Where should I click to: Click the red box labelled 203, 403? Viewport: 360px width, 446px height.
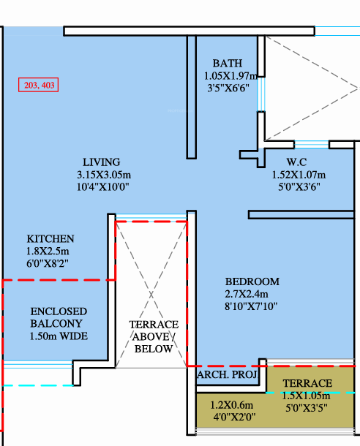[x=39, y=85]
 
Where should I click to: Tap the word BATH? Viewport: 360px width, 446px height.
[x=228, y=63]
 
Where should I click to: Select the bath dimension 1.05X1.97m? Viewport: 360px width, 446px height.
[x=230, y=75]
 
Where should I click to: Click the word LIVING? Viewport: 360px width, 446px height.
[x=101, y=162]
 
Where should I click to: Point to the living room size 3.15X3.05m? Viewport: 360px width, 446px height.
[x=104, y=175]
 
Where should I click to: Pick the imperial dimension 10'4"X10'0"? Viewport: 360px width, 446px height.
[x=102, y=187]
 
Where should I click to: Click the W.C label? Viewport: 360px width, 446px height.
[x=296, y=162]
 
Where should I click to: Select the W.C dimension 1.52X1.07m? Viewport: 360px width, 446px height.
[x=299, y=175]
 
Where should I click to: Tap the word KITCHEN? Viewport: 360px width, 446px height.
[x=50, y=238]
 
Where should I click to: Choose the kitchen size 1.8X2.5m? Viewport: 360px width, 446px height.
[x=48, y=252]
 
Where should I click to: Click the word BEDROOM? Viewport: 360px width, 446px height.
[x=252, y=281]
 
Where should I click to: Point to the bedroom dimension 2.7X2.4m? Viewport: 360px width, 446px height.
[x=247, y=294]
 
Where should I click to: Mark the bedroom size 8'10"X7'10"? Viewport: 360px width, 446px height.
[x=251, y=306]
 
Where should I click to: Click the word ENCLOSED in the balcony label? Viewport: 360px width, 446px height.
[x=59, y=311]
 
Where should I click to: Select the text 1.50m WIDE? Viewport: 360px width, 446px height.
[x=59, y=336]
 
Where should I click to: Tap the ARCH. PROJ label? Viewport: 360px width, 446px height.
[x=227, y=374]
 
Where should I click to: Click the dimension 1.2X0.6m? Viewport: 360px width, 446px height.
[x=232, y=405]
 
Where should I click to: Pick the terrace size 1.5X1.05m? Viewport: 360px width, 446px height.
[x=306, y=396]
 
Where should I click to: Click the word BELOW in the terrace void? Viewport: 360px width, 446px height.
[x=154, y=349]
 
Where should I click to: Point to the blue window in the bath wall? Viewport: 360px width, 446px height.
[x=261, y=94]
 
